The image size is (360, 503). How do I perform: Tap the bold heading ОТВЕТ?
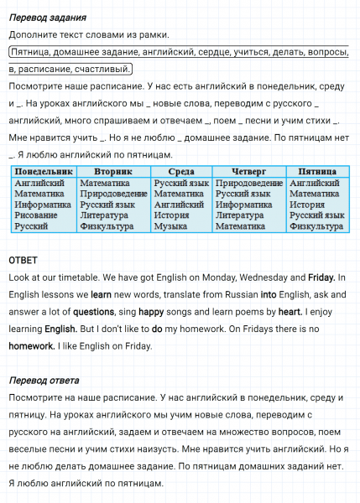coord(23,260)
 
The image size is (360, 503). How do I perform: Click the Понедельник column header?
coord(44,171)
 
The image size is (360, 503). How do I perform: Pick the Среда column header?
coord(181,171)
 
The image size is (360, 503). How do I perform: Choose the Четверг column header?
coord(249,171)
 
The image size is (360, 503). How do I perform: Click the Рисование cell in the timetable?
coord(36,215)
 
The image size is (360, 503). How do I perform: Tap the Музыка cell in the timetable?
coord(170,226)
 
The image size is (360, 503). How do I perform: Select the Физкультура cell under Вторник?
coord(107,226)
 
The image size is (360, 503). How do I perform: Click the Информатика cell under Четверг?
coord(243,205)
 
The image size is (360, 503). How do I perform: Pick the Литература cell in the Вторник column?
coord(104,215)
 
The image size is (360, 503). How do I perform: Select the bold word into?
coord(268,294)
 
